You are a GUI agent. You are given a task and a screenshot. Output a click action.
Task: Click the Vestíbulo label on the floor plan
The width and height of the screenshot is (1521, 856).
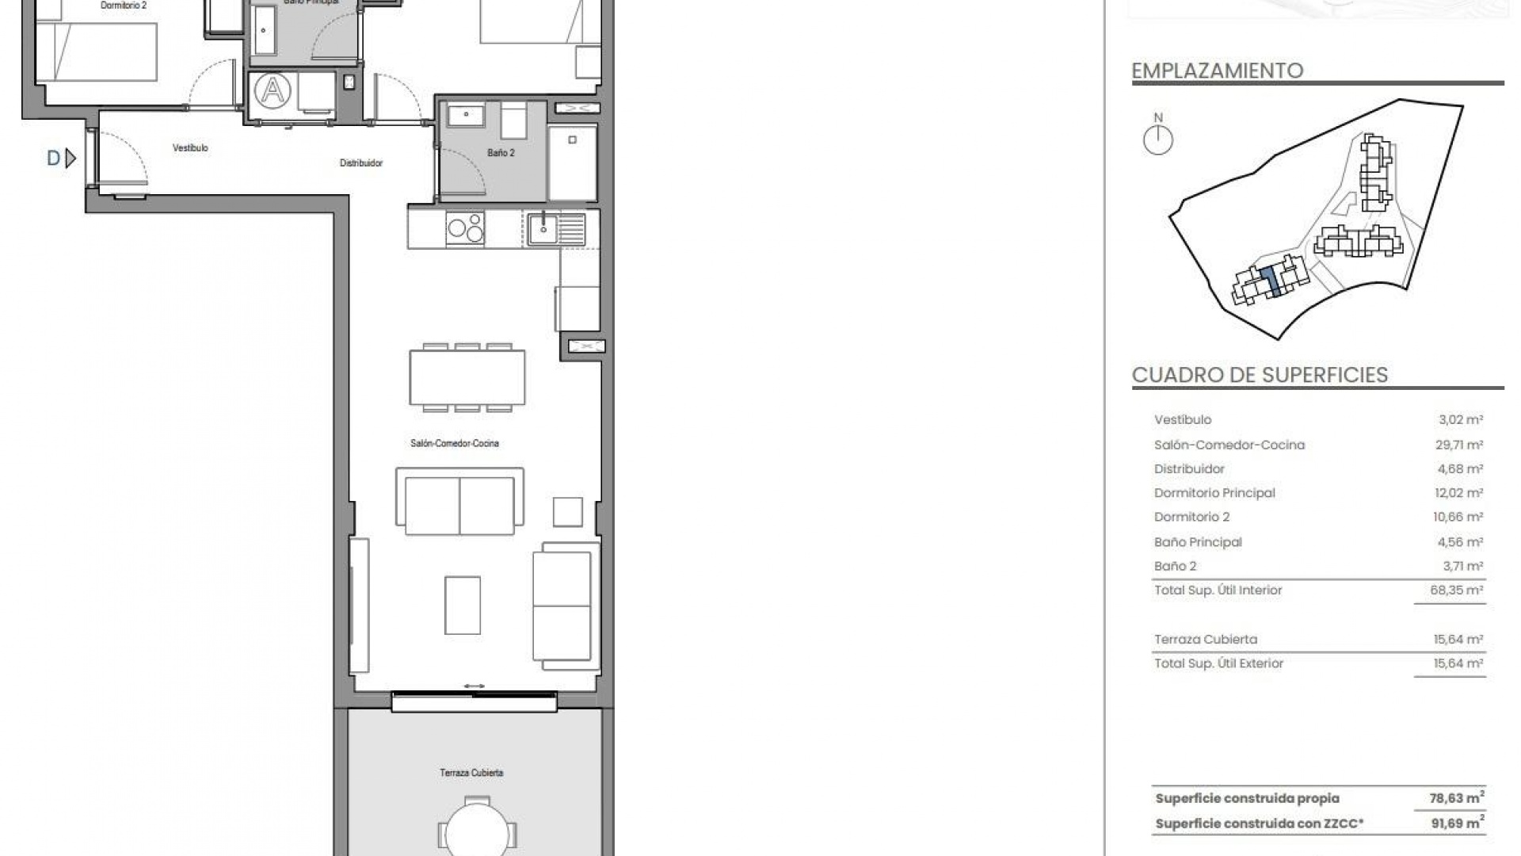tap(190, 148)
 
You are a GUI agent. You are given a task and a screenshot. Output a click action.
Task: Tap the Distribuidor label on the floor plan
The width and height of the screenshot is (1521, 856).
tap(361, 163)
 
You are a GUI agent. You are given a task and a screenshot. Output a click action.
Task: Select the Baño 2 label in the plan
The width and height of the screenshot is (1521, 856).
tap(501, 153)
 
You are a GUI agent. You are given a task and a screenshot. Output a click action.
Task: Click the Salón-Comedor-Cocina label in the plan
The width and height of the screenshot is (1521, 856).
tap(455, 444)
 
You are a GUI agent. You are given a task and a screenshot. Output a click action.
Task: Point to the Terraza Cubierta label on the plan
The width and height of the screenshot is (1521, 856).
tap(471, 773)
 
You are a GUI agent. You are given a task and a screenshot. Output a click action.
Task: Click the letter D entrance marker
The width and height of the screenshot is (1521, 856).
tap(54, 159)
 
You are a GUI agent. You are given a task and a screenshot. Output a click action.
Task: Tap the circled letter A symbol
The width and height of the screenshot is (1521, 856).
tap(273, 90)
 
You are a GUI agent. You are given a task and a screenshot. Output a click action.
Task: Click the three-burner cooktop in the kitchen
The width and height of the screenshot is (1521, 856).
tap(465, 228)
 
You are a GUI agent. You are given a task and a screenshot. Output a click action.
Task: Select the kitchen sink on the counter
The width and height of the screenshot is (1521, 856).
tap(543, 228)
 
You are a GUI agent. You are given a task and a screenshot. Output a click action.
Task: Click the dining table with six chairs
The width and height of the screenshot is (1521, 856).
tap(467, 378)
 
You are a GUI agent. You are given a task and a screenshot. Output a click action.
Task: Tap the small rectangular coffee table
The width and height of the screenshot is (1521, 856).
tap(462, 605)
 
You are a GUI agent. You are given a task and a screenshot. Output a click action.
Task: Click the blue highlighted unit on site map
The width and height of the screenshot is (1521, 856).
tap(1270, 282)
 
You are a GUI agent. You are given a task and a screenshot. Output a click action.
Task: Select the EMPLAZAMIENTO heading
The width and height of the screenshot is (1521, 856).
tap(1217, 71)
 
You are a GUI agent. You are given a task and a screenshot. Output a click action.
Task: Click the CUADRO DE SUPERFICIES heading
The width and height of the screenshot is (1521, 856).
tap(1260, 375)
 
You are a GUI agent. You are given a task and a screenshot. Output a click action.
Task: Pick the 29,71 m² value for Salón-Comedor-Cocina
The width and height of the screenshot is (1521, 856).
tap(1458, 445)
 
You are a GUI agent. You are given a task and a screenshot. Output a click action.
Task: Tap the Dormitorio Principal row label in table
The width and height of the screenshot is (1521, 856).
tap(1214, 493)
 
